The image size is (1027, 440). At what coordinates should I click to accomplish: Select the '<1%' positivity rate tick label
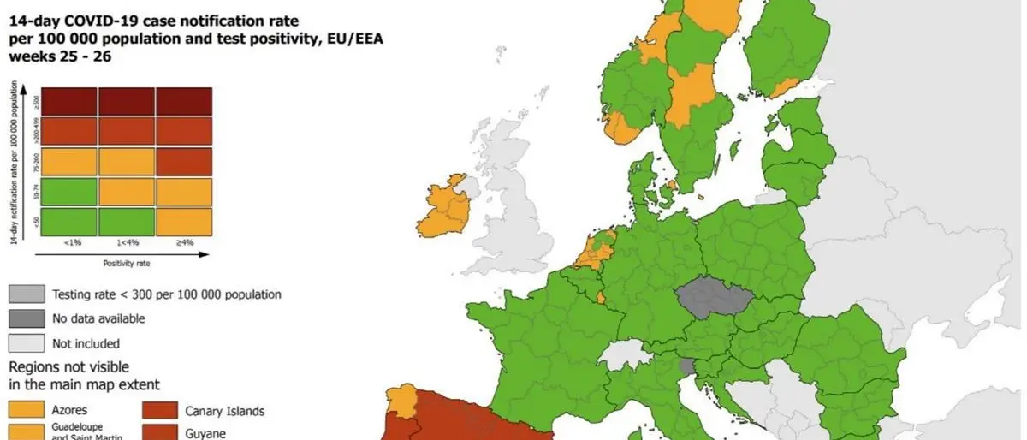coord(72,242)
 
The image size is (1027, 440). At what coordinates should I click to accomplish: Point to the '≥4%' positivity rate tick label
coord(183,242)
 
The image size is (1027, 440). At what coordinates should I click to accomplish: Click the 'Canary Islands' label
coord(224,411)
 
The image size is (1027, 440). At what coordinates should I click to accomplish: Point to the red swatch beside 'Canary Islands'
coord(160,411)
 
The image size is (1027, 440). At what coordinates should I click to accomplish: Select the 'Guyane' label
coord(205,434)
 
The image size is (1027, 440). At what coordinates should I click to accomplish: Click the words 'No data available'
coord(98,318)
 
